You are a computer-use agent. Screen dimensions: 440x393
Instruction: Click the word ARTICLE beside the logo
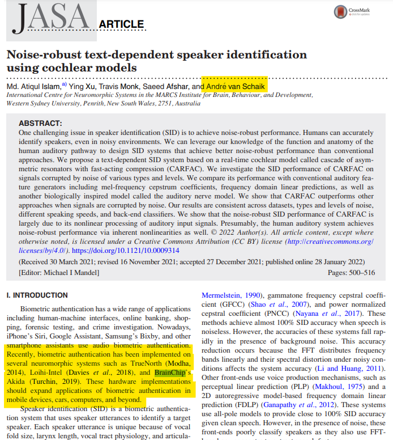tap(121, 24)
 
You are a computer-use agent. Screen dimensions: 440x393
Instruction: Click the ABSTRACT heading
tap(41, 123)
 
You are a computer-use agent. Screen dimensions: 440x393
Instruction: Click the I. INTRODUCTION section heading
tap(36, 295)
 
